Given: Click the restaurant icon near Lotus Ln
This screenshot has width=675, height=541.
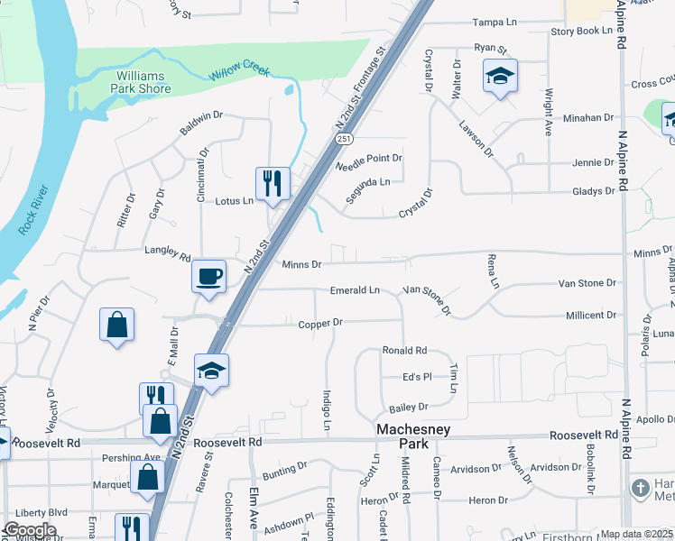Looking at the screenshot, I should pyautogui.click(x=272, y=184).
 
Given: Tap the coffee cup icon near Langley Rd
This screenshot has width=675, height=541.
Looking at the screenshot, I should pyautogui.click(x=209, y=275).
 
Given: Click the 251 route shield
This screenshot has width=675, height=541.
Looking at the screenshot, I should pyautogui.click(x=344, y=139).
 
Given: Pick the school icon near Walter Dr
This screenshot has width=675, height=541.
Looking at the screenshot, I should pyautogui.click(x=498, y=77).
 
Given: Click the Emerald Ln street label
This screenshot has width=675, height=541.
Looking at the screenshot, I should pyautogui.click(x=355, y=290).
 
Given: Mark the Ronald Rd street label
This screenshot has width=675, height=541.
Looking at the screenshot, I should pyautogui.click(x=403, y=350).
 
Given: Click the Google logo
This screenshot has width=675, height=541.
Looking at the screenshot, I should pyautogui.click(x=30, y=530).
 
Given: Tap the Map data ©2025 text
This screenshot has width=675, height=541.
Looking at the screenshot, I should pyautogui.click(x=636, y=534).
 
